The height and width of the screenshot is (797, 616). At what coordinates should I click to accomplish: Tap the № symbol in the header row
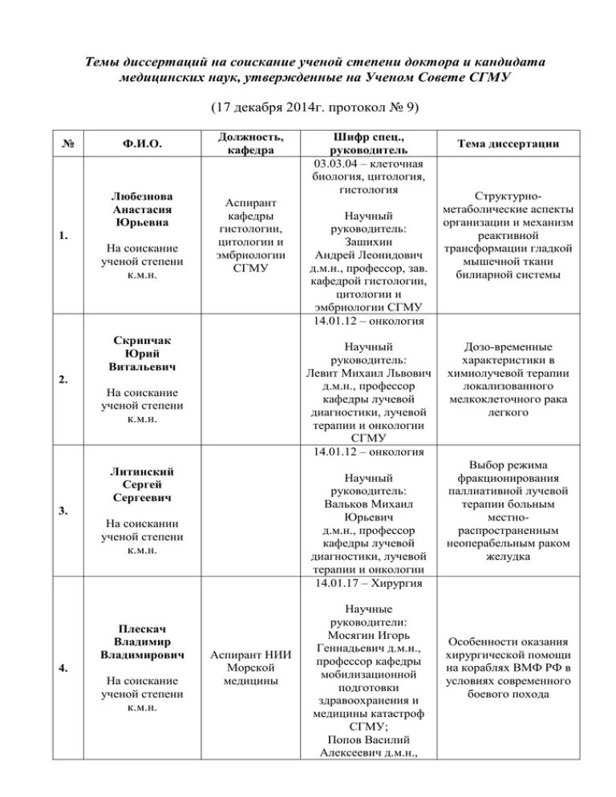(x=70, y=144)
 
